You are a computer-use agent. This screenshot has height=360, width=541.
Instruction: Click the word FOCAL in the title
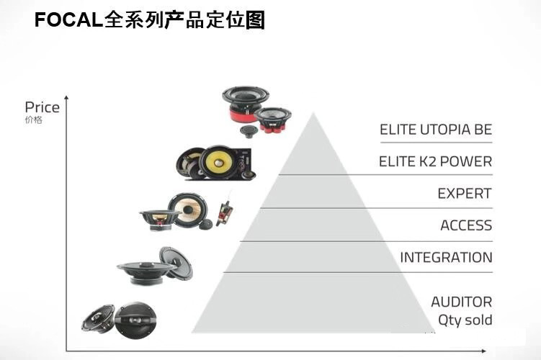point(68,19)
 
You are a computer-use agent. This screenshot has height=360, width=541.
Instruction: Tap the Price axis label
point(42,107)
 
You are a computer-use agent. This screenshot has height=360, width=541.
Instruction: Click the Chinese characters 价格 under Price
point(33,120)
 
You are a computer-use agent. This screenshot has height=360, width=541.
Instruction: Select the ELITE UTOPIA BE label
point(436,130)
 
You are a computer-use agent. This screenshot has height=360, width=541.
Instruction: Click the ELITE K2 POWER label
point(435,161)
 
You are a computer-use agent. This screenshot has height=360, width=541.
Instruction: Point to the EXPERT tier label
point(465,194)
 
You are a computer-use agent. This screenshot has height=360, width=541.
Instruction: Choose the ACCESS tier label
point(466,225)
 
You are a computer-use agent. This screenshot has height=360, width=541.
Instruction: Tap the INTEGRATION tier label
point(446,257)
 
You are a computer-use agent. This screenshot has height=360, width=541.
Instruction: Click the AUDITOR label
point(462,302)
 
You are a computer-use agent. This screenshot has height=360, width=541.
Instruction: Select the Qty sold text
point(465,320)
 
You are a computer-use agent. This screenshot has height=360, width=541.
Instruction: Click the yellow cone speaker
point(220,162)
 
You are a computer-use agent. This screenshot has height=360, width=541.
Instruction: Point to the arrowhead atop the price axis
point(66,98)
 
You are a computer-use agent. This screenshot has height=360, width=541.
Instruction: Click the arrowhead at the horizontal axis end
point(483,351)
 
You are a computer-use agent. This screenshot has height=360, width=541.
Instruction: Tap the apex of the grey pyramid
point(313,113)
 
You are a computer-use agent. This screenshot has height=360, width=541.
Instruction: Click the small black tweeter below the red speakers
point(249,131)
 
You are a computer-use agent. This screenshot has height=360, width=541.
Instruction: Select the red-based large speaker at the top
point(245,102)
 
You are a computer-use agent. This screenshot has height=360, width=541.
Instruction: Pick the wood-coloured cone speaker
point(188,209)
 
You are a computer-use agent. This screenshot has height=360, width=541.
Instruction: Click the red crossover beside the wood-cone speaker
point(224,212)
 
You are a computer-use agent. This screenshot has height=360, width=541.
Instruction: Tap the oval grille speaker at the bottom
point(135,320)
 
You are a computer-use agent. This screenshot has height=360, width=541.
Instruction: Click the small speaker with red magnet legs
point(272,120)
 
